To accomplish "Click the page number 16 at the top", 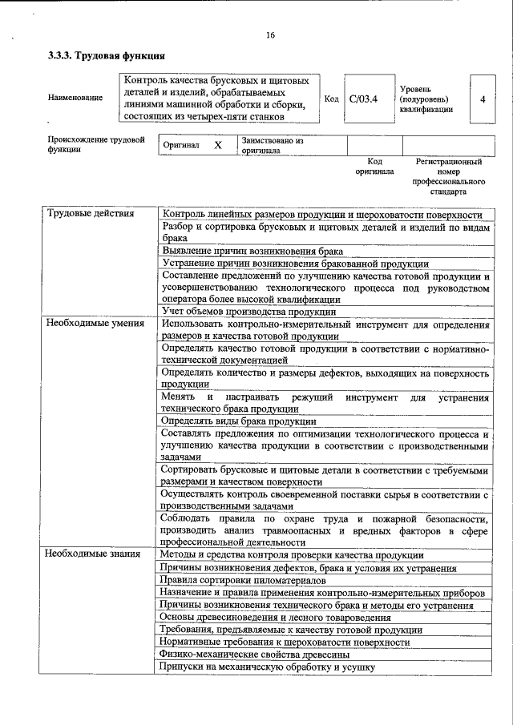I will (270, 34).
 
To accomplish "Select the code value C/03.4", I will (363, 99).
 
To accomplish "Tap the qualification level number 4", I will (482, 99).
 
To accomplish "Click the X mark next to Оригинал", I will (217, 146).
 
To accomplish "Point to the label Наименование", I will (75, 98).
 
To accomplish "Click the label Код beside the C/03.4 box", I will (331, 99).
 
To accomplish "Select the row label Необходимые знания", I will (93, 554).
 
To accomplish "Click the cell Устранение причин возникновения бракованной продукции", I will (295, 263).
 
